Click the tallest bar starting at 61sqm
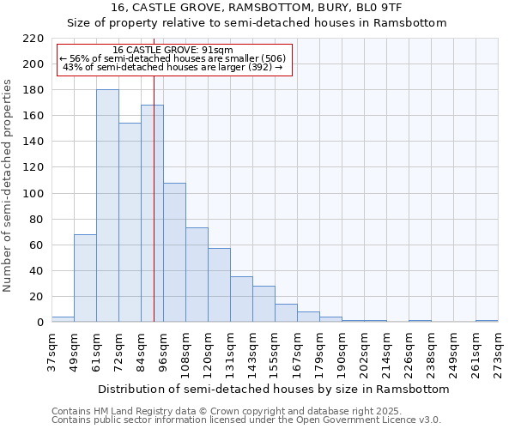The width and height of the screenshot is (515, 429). (x=107, y=206)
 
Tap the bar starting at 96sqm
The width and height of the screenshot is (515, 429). (x=174, y=252)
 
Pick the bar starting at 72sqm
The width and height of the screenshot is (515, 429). (x=130, y=222)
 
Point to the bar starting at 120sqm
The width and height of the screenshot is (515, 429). (x=219, y=285)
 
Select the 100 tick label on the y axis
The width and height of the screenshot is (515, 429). (x=33, y=194)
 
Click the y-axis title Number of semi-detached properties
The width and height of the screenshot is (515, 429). (x=9, y=185)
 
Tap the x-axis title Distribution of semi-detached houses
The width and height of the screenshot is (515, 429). (x=273, y=389)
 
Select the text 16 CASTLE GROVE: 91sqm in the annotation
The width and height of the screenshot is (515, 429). (x=173, y=51)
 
